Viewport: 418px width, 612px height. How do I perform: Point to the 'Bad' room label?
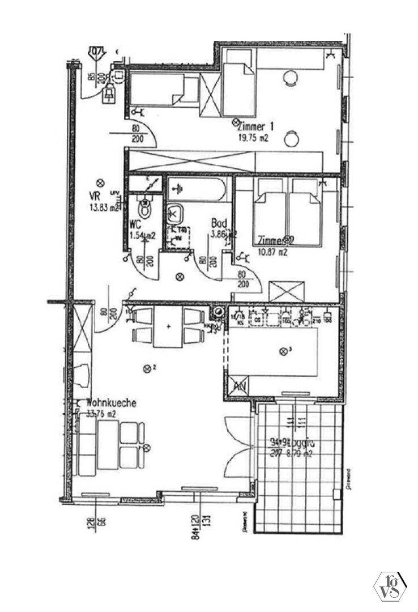coord(219,223)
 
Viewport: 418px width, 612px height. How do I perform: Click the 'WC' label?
coord(135,224)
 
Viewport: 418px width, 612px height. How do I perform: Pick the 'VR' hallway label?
coord(94,197)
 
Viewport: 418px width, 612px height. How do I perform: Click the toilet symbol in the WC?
coord(147,207)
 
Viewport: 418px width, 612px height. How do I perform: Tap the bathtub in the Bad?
coord(200,188)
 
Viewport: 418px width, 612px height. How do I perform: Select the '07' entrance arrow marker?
coord(97,52)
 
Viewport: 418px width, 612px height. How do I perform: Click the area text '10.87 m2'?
coord(272,253)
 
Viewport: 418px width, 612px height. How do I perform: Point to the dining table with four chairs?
coord(168,327)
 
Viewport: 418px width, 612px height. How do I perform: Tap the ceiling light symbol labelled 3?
coord(283,351)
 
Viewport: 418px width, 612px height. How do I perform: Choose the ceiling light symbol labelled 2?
coord(148,368)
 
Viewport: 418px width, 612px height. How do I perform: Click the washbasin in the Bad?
coord(175,213)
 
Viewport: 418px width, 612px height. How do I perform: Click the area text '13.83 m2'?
coord(105,207)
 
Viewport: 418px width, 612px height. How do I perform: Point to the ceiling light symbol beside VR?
coord(101,182)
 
